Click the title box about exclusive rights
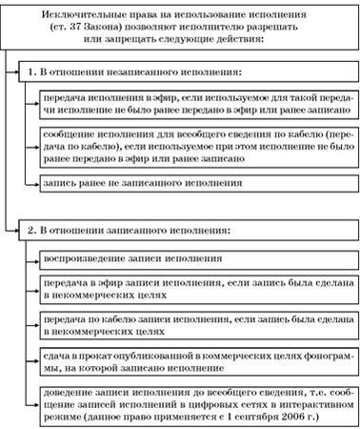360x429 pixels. tap(179, 28)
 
